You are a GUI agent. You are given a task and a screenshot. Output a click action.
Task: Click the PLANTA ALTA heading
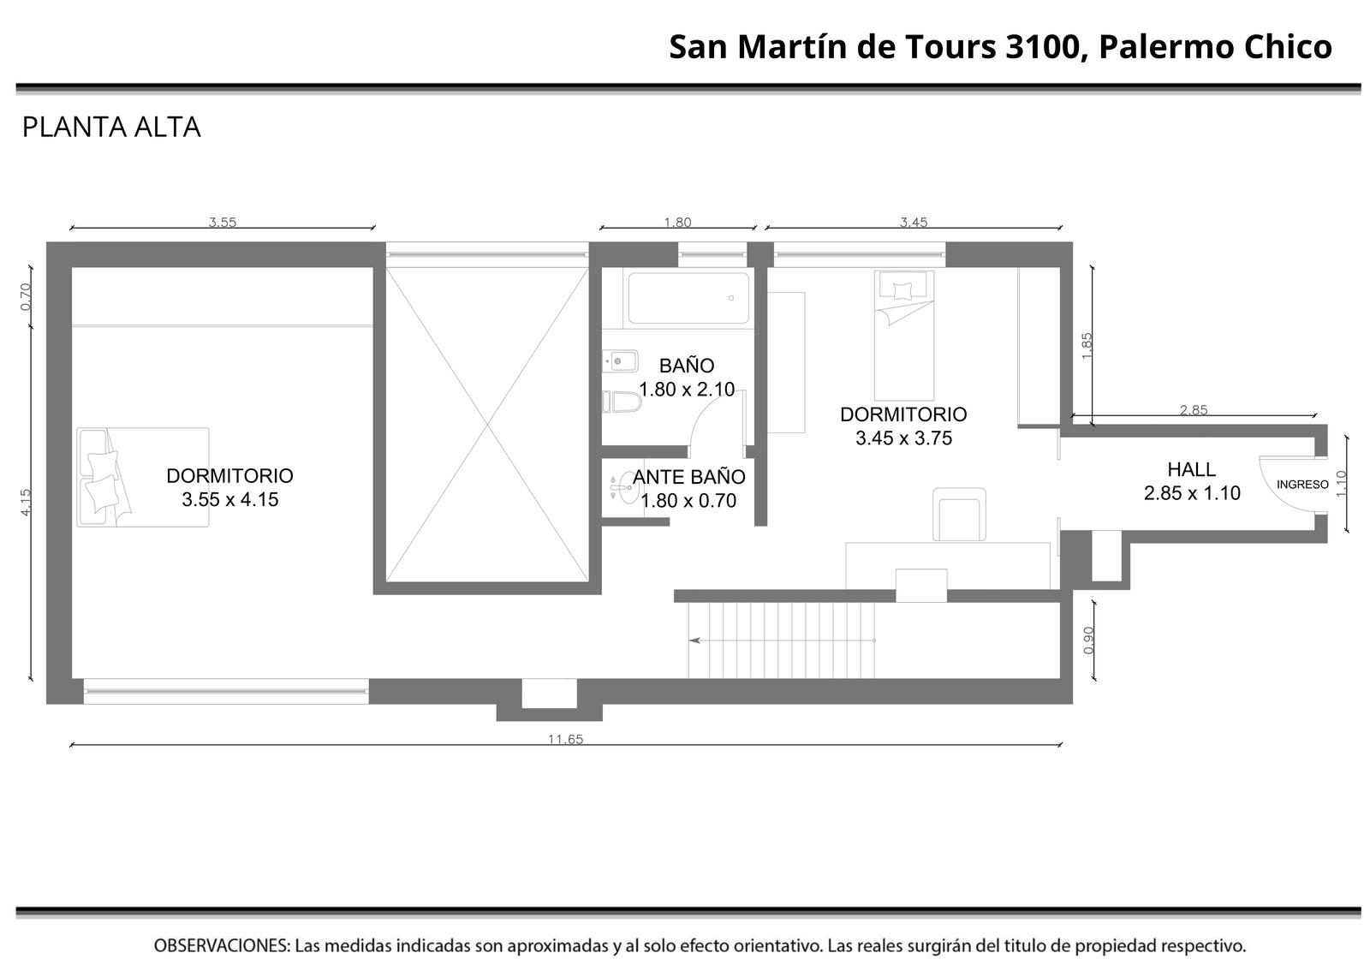[111, 128]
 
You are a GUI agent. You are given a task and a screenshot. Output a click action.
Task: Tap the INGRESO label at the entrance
[1302, 485]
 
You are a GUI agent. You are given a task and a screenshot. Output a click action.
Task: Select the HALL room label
[1191, 470]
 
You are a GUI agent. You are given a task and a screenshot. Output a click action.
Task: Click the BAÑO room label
[686, 366]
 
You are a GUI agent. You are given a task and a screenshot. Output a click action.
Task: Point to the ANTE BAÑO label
[688, 477]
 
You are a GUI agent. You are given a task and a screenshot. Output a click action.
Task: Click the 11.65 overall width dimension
[565, 739]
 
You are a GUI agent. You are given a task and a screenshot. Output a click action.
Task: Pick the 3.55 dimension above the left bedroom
[222, 222]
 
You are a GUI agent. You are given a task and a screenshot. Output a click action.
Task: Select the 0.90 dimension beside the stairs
[1088, 640]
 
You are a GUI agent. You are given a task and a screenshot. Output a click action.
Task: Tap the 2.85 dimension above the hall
[1194, 410]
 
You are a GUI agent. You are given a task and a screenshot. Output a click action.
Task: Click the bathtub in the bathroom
[688, 298]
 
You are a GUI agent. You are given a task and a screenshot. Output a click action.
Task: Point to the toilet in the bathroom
[622, 402]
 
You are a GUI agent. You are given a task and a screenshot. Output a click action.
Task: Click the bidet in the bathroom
[620, 360]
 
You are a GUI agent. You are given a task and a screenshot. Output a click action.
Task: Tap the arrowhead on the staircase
[694, 640]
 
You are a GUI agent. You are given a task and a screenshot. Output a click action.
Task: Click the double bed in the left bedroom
[143, 477]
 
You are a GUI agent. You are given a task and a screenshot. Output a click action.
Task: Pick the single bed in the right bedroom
[904, 336]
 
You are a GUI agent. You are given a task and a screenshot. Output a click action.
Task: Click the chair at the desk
[959, 515]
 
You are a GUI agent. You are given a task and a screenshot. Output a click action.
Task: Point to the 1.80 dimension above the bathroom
[677, 222]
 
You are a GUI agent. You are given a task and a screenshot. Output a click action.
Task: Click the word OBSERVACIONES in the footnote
[222, 945]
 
